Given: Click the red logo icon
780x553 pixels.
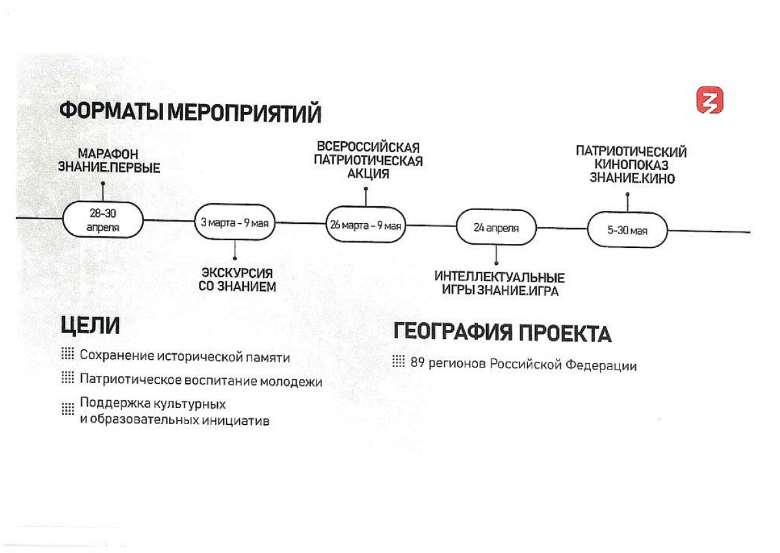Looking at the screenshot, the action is click(710, 100).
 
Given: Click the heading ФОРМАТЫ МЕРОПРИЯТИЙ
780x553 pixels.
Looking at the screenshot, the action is click(190, 112).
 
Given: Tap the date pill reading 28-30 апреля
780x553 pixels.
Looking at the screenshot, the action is click(103, 219).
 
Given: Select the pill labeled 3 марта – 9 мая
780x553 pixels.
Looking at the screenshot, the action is click(235, 223).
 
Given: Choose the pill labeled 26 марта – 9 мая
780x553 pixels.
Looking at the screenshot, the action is click(365, 224).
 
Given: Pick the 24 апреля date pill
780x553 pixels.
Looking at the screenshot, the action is click(496, 228).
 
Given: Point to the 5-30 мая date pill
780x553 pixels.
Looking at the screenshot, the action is click(627, 230).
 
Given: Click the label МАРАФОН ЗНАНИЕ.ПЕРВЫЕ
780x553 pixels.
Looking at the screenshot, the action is click(109, 161).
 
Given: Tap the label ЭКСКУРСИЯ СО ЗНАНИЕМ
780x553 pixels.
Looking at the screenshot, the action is click(237, 280).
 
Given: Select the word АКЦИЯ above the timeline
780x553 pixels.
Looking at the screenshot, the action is click(368, 174).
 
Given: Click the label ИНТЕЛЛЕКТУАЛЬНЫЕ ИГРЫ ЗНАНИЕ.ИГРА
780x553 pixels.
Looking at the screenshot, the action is click(500, 284).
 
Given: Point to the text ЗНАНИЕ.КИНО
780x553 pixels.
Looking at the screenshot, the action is click(632, 178).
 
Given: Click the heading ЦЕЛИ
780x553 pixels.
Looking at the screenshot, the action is click(90, 326).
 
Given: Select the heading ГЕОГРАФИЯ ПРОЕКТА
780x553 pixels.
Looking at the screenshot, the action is click(502, 332).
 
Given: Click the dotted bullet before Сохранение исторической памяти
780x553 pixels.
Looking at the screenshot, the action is click(68, 353).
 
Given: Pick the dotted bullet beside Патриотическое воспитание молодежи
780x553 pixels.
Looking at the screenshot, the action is click(68, 377).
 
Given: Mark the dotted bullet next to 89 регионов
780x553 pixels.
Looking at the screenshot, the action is click(398, 361).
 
